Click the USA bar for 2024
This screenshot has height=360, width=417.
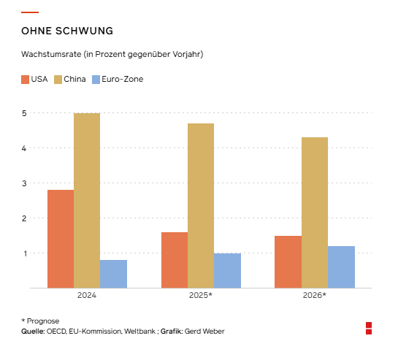(x=61, y=239)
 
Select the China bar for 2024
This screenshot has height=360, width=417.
(x=87, y=201)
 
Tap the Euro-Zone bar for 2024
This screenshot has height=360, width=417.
(x=113, y=274)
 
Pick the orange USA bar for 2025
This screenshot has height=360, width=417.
(x=175, y=260)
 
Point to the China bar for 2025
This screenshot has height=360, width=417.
(x=201, y=205)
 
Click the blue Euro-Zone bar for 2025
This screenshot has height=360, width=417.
(x=227, y=270)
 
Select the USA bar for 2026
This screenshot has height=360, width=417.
(x=288, y=262)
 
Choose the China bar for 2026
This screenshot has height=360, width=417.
(x=315, y=212)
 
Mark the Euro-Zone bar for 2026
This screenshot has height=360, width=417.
(x=341, y=267)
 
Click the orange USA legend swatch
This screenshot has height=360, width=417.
(x=25, y=80)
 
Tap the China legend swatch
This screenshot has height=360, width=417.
(x=58, y=80)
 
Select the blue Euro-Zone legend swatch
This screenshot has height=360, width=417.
(x=96, y=80)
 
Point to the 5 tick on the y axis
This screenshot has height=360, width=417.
(x=24, y=113)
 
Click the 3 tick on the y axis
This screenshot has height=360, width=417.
(x=24, y=183)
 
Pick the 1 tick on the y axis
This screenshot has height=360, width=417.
(x=25, y=253)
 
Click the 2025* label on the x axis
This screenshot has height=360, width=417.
(x=201, y=295)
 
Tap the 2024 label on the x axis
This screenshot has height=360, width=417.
(x=87, y=295)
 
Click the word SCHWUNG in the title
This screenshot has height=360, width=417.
(x=84, y=31)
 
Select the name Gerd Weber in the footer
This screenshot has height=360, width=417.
(x=204, y=332)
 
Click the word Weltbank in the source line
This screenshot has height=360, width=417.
(x=140, y=332)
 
